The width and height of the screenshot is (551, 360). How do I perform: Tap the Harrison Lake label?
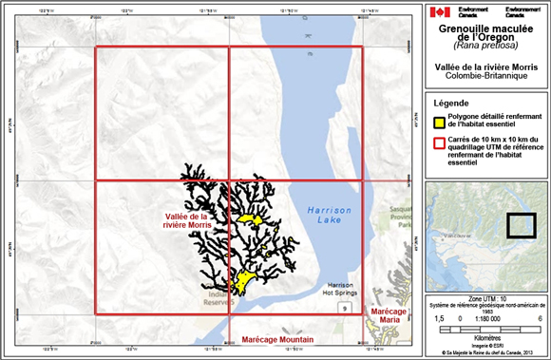point(329,215)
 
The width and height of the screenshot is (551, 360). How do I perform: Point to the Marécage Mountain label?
point(277,339)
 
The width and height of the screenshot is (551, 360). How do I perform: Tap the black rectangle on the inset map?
point(521,224)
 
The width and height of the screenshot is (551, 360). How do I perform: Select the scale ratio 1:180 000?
point(484,320)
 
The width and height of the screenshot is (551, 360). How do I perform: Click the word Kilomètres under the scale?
point(484,335)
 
